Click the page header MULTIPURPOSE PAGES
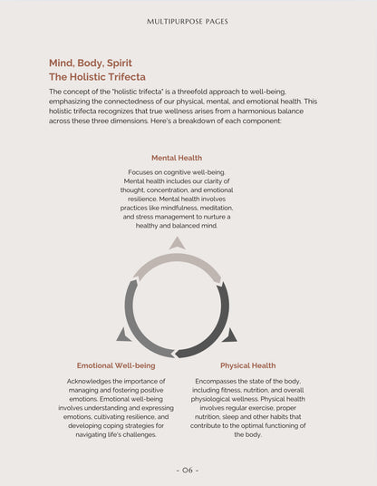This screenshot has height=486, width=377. click(x=188, y=20)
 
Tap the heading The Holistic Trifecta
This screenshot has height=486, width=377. click(x=97, y=77)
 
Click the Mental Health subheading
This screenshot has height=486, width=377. click(x=177, y=158)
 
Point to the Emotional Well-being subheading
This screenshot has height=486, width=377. click(x=116, y=365)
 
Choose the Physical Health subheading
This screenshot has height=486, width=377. click(x=247, y=365)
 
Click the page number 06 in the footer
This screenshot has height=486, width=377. click(x=188, y=470)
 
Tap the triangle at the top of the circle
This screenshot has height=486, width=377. click(x=178, y=243)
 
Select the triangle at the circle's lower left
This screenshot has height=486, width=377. click(x=123, y=335)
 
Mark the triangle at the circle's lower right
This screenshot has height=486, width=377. click(x=229, y=335)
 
